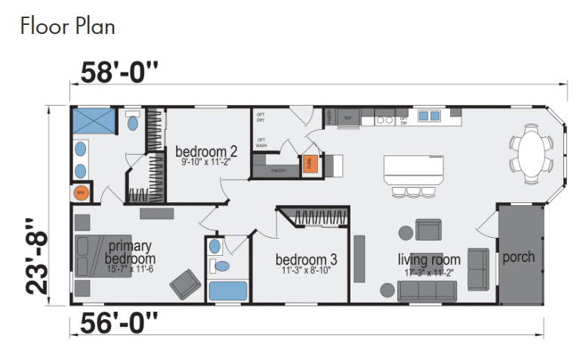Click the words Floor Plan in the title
[x=68, y=26]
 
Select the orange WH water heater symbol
[x=81, y=193]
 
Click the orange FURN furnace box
[x=309, y=163]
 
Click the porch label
[x=519, y=257]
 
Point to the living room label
[x=430, y=260]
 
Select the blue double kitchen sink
[x=430, y=116]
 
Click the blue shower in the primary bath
[x=94, y=122]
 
